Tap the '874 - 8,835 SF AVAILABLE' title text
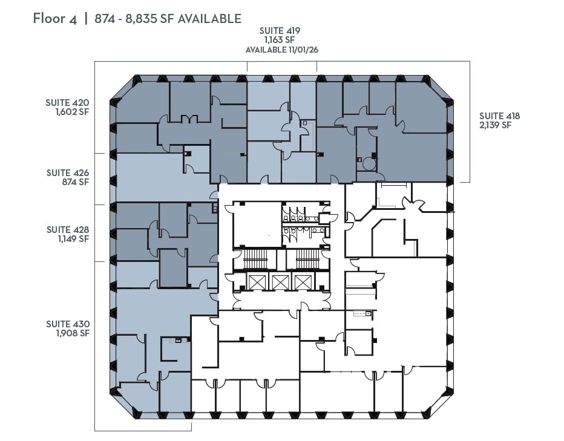pos(168,19)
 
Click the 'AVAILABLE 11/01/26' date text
pos(281,50)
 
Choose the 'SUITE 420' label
pos(67,102)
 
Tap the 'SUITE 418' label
pos(499,116)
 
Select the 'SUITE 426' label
pos(67,172)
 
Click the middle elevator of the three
pos(280,282)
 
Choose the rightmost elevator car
pos(301,282)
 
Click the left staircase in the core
pos(255,260)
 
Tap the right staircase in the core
pos(307,260)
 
